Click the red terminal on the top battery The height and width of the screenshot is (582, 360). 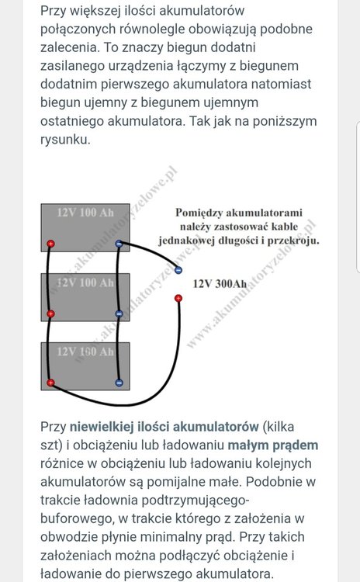click(50, 244)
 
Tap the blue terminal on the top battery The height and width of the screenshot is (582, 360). click(119, 244)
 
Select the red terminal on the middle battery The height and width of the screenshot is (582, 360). click(50, 314)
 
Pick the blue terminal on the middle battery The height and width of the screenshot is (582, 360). click(119, 314)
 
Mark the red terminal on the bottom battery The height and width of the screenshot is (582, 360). click(50, 383)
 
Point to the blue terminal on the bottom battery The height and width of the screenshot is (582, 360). click(119, 383)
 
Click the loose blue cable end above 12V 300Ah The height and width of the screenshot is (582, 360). click(178, 270)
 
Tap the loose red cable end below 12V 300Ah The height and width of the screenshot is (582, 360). click(178, 298)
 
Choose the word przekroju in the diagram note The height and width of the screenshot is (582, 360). click(292, 241)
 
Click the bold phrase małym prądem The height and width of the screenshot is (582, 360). click(273, 445)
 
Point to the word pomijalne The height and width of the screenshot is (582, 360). click(174, 483)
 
